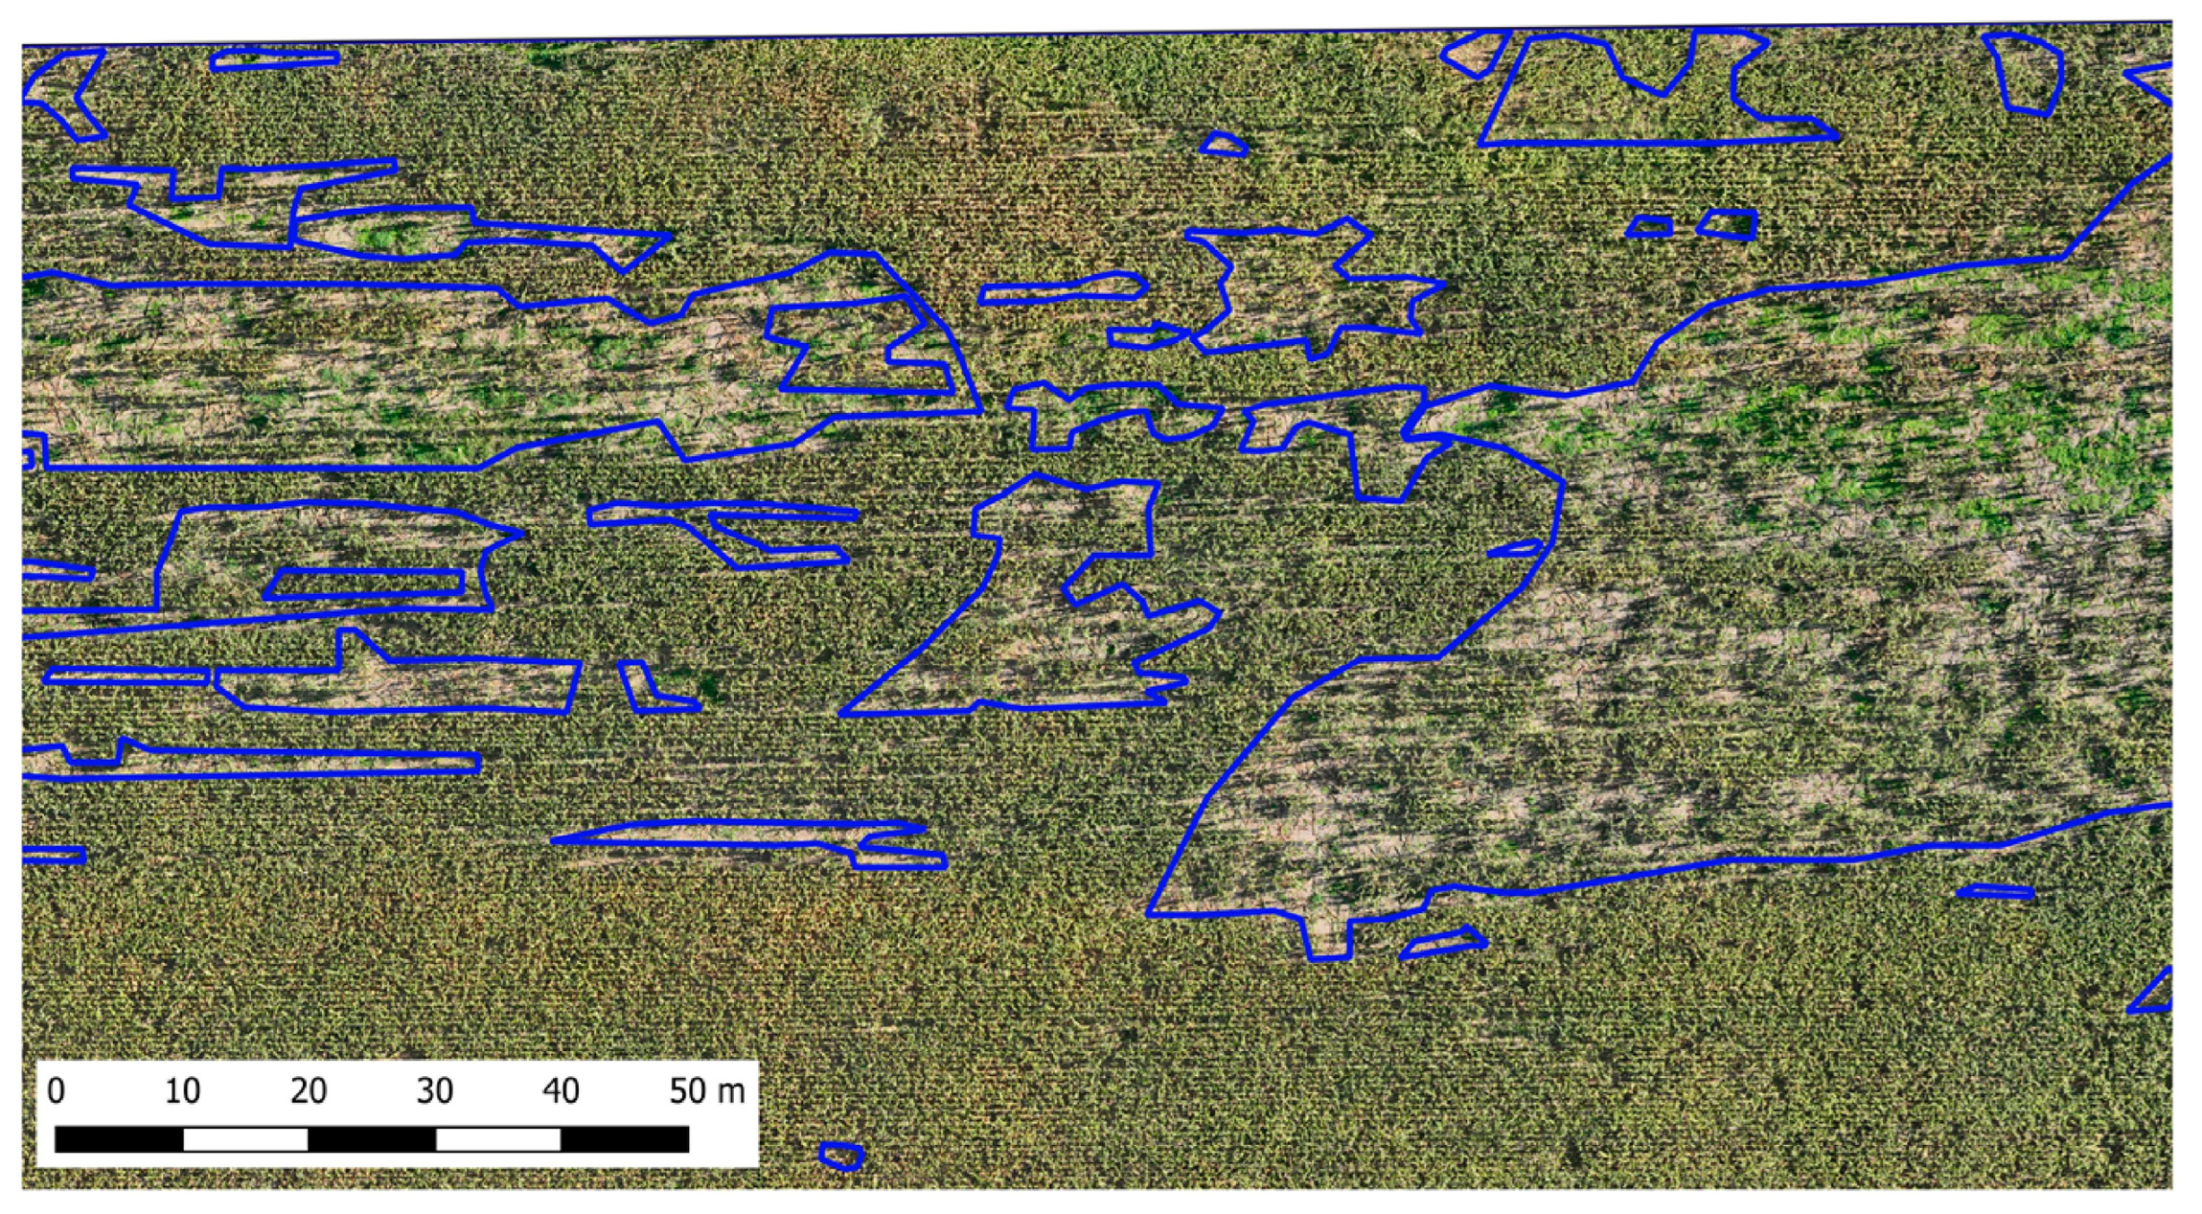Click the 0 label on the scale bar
click(57, 1091)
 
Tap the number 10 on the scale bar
click(182, 1091)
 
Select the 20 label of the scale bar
click(308, 1091)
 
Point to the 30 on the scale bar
click(434, 1091)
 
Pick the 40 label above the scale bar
click(561, 1091)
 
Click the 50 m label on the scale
click(706, 1091)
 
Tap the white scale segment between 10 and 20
click(245, 1139)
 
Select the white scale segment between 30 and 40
click(497, 1139)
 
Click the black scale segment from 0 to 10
click(119, 1139)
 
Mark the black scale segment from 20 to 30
click(372, 1139)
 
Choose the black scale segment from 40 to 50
click(625, 1139)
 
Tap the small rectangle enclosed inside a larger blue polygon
click(365, 584)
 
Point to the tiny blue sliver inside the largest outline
click(1514, 549)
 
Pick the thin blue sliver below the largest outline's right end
click(1994, 892)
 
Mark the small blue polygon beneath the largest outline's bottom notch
click(1442, 943)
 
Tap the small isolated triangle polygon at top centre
click(1224, 146)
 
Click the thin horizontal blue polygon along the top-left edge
click(274, 59)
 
